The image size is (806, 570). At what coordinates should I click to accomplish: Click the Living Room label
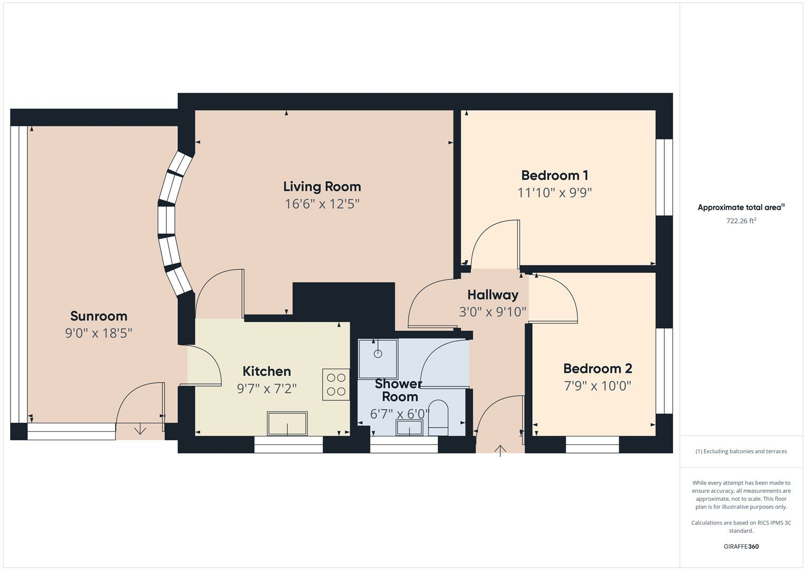(322, 186)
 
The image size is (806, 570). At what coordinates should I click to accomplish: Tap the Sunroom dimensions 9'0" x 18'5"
(98, 333)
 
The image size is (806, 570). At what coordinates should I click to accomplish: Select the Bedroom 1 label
(554, 175)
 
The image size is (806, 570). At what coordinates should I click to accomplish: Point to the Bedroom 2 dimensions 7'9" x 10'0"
(598, 386)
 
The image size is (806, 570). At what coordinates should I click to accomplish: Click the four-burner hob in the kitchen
(336, 384)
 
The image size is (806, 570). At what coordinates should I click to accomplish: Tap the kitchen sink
(287, 423)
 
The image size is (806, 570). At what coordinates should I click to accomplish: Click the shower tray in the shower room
(378, 358)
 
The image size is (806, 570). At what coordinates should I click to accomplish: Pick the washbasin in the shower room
(410, 427)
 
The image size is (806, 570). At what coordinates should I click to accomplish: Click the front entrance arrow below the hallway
(500, 450)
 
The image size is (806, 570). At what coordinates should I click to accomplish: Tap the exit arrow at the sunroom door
(140, 430)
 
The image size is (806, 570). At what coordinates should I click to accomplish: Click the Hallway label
(492, 294)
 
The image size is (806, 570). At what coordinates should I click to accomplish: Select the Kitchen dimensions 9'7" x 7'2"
(267, 389)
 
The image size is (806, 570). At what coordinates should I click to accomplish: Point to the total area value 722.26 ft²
(741, 221)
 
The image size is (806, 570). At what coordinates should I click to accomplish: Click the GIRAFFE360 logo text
(741, 546)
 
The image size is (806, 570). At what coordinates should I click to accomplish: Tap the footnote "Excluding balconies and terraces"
(741, 451)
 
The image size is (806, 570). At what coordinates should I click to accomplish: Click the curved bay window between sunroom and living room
(172, 224)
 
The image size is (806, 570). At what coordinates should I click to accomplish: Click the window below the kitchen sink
(288, 445)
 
